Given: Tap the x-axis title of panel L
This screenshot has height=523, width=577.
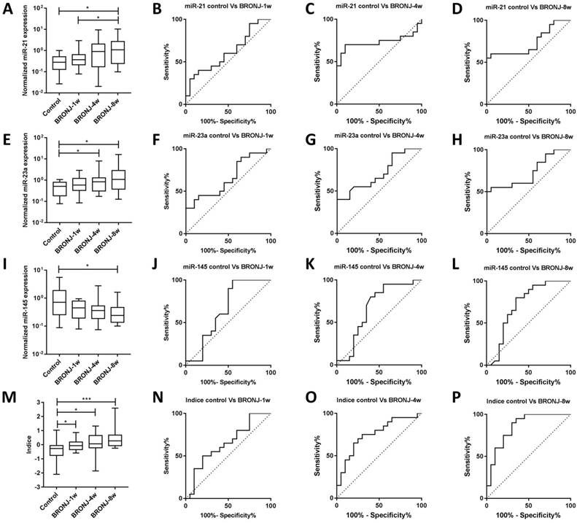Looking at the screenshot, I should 522,382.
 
